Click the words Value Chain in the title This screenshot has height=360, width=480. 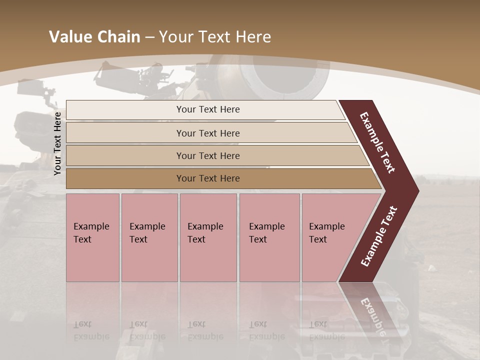coord(94,37)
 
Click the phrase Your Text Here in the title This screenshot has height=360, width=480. coord(215,37)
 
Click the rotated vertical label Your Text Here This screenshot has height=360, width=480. coord(57,143)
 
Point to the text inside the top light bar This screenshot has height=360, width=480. coord(208,109)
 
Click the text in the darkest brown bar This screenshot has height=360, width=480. coord(208,178)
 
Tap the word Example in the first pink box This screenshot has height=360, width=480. coord(91,226)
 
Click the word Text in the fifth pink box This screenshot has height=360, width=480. coord(318,239)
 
